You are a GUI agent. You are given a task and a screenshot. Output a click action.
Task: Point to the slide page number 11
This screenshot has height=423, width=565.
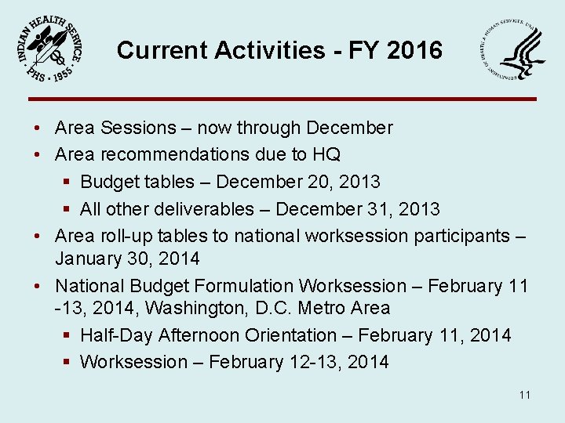click(524, 395)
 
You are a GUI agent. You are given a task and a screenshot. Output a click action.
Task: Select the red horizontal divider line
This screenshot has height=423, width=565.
click(282, 99)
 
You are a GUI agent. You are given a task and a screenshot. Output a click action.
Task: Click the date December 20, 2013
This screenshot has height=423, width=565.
click(298, 182)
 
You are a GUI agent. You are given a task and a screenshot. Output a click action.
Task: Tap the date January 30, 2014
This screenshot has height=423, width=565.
click(127, 258)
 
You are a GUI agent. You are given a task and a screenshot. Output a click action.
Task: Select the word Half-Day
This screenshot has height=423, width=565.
click(116, 335)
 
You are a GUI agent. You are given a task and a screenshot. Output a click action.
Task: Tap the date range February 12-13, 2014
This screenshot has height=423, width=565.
click(298, 362)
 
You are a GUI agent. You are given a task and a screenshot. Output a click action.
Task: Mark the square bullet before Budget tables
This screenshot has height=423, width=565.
click(67, 183)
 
